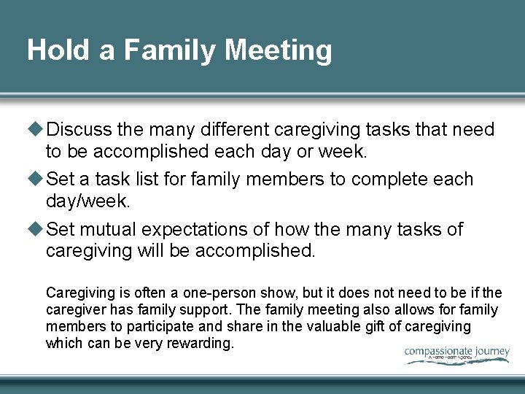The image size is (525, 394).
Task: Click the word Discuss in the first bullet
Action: tap(79, 130)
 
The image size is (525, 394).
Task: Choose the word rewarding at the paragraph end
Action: tap(198, 343)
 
